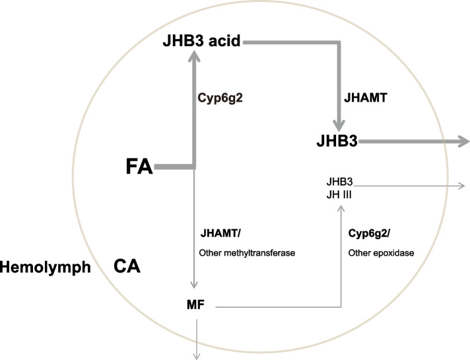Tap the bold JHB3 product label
[x=335, y=141]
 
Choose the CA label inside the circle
[x=127, y=267]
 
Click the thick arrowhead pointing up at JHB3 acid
[x=194, y=59]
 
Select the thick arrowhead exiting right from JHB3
[x=462, y=141]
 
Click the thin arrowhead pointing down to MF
[x=194, y=286]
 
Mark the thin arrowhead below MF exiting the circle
[x=195, y=355]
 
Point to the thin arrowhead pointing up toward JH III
[x=341, y=209]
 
